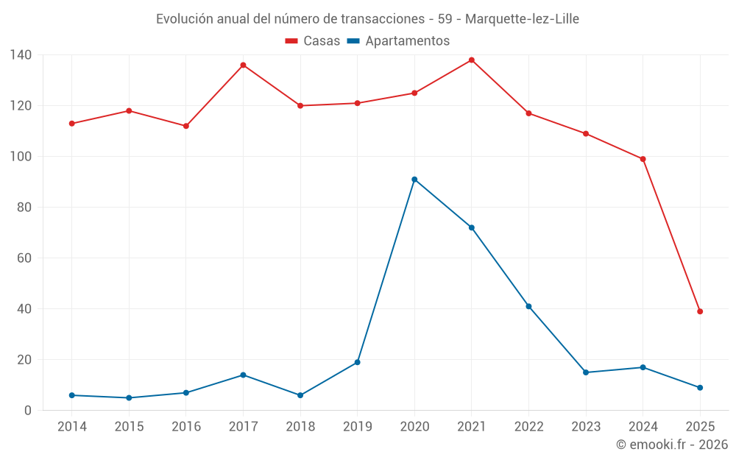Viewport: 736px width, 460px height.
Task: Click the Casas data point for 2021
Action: tap(472, 60)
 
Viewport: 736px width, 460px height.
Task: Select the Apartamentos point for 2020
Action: tap(414, 180)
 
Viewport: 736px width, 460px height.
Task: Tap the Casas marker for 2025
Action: tap(700, 311)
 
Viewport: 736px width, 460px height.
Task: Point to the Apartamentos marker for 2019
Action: tap(358, 362)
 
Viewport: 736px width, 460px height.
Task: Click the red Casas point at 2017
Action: tap(243, 66)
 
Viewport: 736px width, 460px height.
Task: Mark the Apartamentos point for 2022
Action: tap(528, 306)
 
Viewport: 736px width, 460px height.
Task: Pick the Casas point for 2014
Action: tap(72, 124)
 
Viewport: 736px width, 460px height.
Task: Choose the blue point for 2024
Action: tap(643, 367)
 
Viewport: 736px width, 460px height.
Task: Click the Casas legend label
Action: tap(322, 41)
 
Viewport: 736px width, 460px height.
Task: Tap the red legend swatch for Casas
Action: tap(291, 41)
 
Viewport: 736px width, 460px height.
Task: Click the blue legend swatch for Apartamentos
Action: tap(353, 41)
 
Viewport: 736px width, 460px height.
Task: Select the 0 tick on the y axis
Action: tap(28, 411)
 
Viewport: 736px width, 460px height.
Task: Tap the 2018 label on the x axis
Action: tap(300, 427)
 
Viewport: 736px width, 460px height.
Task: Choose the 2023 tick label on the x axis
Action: tap(586, 427)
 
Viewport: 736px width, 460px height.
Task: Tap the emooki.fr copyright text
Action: tap(672, 445)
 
